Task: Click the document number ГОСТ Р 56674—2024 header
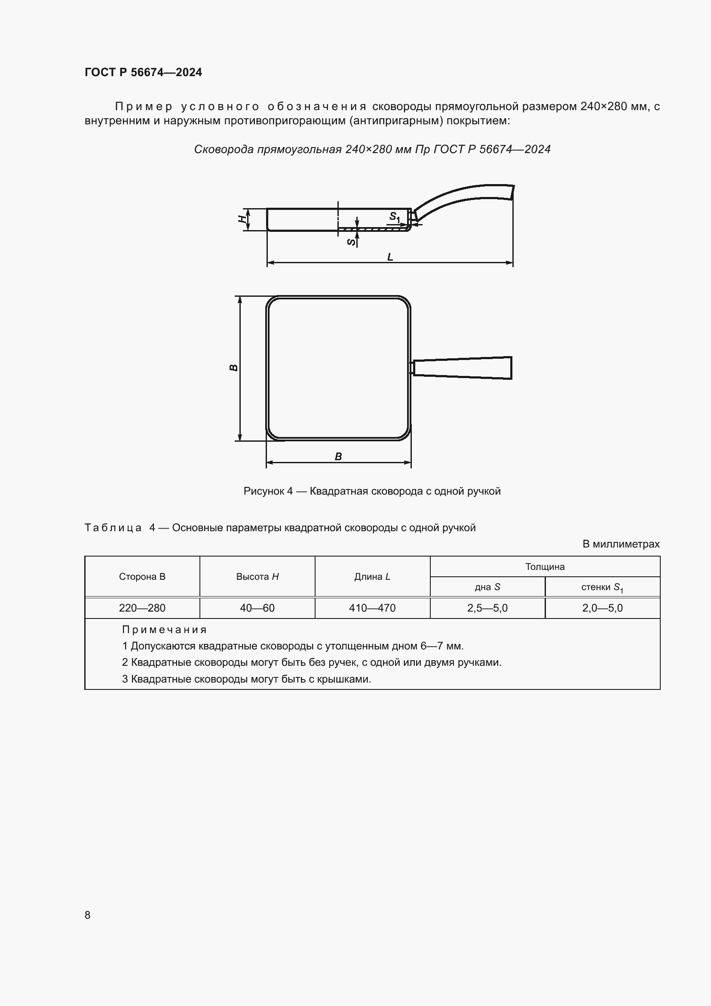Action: tap(143, 72)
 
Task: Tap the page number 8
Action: tap(88, 915)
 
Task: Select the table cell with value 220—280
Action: tap(142, 608)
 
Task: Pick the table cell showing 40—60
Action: tap(257, 608)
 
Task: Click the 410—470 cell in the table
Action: tap(372, 608)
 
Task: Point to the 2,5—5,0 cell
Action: tap(487, 608)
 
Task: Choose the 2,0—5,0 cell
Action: tap(602, 608)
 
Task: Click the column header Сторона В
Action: tap(142, 577)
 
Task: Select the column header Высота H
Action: tap(257, 577)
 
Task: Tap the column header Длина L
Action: tap(372, 577)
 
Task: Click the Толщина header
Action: tap(545, 566)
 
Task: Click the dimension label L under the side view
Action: tap(390, 257)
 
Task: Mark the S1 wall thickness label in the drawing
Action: tap(395, 217)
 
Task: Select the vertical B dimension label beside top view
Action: tap(234, 368)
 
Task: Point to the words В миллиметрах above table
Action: tap(620, 544)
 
